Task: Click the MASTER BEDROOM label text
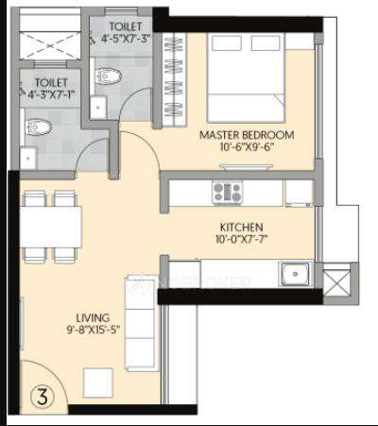[247, 135]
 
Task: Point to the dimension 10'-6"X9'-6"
[247, 148]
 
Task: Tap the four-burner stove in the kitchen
[227, 192]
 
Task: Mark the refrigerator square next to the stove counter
[298, 192]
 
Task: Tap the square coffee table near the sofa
[99, 381]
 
